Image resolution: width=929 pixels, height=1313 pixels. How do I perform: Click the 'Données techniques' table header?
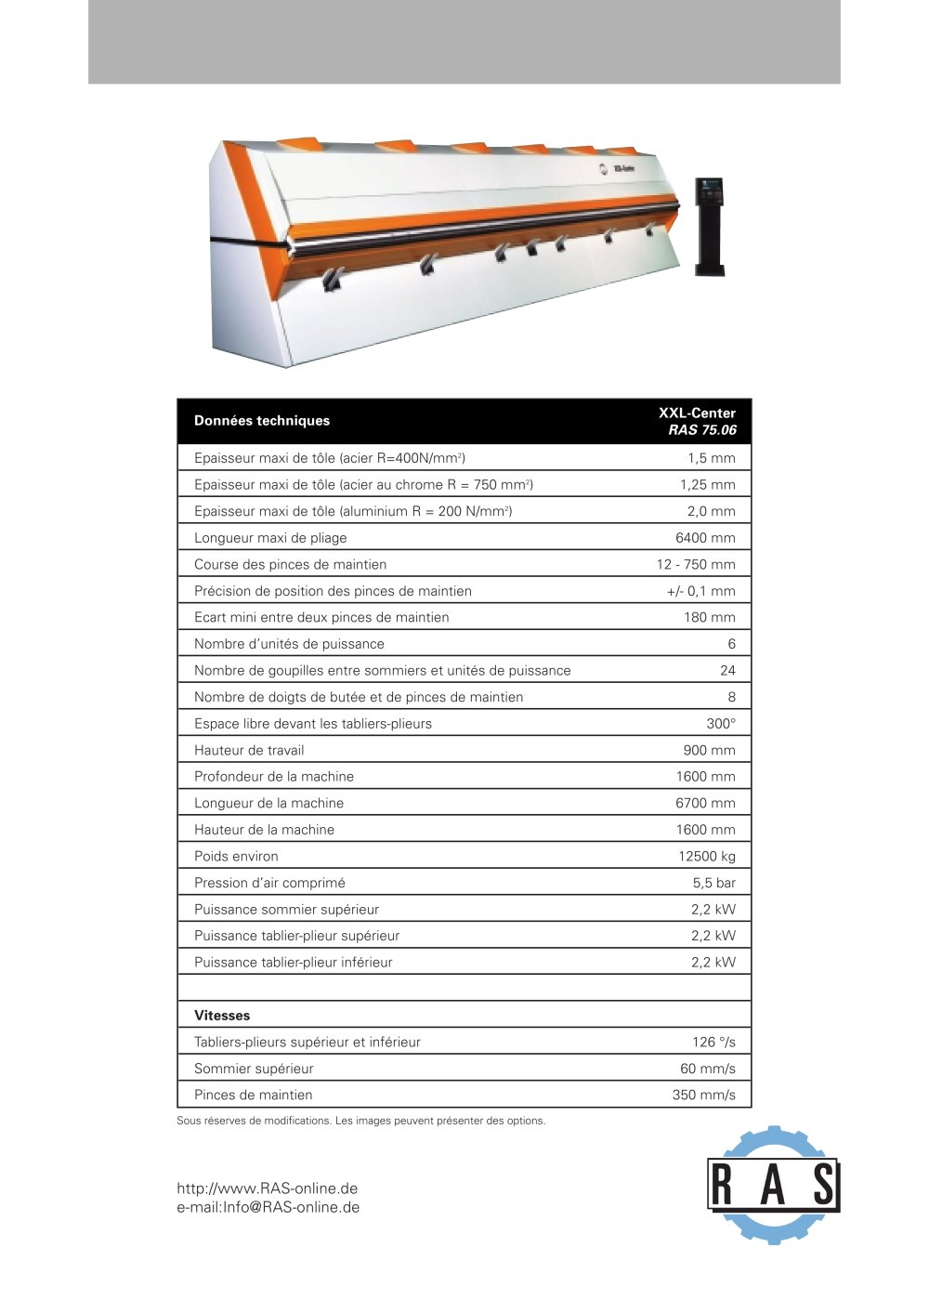point(262,421)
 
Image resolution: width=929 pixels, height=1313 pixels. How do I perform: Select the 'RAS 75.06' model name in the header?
point(702,430)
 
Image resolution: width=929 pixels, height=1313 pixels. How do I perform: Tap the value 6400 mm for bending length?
point(705,538)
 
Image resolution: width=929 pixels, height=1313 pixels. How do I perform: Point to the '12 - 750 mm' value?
point(696,564)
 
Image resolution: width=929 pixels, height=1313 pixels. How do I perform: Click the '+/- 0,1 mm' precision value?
point(700,591)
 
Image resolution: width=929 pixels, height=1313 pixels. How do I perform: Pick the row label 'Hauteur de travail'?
point(249,750)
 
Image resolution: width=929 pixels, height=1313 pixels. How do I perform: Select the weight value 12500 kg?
point(706,857)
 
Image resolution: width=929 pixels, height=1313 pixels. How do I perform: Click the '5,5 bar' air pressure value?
point(713,883)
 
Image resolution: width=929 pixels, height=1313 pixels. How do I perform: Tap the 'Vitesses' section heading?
point(222,1016)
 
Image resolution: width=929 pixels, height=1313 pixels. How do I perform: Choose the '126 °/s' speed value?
point(713,1043)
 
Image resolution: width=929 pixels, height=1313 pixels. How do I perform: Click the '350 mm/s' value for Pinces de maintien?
point(703,1096)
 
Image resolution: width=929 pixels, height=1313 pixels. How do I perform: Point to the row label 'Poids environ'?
point(236,857)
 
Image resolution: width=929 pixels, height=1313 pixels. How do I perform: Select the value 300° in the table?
point(720,724)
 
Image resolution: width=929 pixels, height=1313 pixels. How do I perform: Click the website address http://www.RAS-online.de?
point(268,1188)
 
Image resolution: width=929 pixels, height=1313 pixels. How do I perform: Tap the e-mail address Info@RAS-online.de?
point(268,1208)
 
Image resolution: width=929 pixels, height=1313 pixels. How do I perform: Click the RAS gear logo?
point(773,1185)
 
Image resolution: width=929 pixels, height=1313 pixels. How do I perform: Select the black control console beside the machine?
point(710,225)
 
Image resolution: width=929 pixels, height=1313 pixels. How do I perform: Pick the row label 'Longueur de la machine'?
point(268,804)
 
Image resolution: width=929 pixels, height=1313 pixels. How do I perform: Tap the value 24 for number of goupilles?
point(727,671)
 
